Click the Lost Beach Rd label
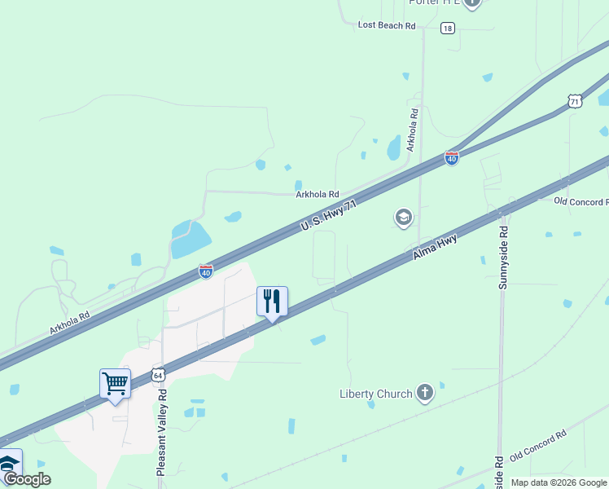click(387, 26)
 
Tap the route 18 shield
click(448, 28)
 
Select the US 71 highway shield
click(576, 101)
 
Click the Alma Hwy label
click(435, 247)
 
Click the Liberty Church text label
click(376, 394)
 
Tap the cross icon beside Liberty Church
click(424, 394)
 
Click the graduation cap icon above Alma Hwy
click(403, 218)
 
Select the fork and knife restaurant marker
click(272, 301)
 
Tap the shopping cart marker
click(116, 383)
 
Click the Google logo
click(27, 480)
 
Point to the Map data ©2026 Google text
click(558, 482)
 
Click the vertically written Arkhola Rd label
click(413, 130)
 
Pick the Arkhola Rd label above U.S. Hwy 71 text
click(318, 194)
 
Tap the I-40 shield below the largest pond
click(206, 271)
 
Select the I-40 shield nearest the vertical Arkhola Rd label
click(452, 158)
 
